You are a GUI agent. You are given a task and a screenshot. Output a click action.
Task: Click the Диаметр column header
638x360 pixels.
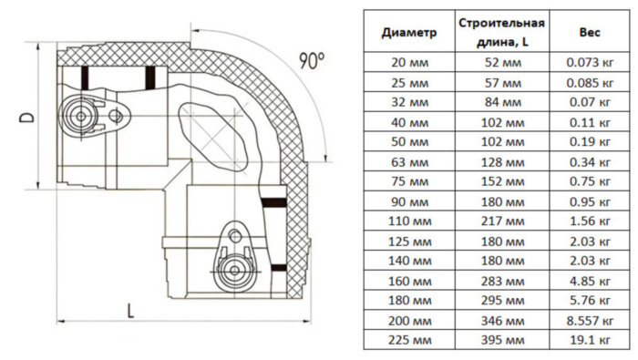pos(409,31)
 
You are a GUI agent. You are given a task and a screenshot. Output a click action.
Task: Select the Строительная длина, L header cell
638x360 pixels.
pos(502,31)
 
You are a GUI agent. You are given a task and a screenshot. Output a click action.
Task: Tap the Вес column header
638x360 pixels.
pos(589,31)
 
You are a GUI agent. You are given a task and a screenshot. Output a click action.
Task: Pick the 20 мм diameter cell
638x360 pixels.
pos(409,62)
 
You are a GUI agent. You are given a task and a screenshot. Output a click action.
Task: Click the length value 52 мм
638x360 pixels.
pos(502,62)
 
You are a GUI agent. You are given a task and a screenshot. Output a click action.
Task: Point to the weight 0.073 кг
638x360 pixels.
pos(589,62)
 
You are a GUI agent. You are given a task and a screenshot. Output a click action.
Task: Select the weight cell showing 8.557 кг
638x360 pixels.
pos(589,320)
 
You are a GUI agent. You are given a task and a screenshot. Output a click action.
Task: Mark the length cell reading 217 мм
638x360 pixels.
pos(502,221)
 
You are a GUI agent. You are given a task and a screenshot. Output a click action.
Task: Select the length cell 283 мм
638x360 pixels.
pos(502,281)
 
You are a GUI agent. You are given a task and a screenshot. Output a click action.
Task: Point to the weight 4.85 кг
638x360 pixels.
pos(589,281)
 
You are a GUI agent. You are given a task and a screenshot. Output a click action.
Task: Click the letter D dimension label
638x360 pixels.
pos(19,117)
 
